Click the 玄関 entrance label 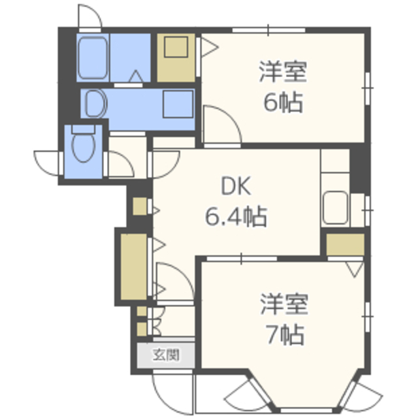click(166, 356)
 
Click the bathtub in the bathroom click(93, 59)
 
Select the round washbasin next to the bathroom click(95, 103)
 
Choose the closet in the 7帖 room click(345, 244)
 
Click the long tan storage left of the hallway click(133, 265)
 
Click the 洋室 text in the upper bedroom click(283, 71)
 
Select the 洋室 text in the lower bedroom click(283, 304)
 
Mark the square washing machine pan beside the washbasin click(178, 103)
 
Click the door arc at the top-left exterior click(89, 16)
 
